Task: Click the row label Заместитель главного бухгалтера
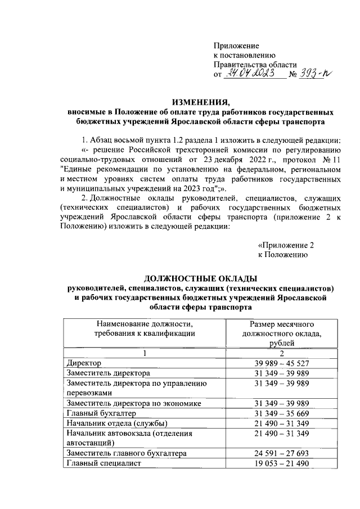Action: tap(130, 453)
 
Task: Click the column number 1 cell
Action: tap(145, 353)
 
